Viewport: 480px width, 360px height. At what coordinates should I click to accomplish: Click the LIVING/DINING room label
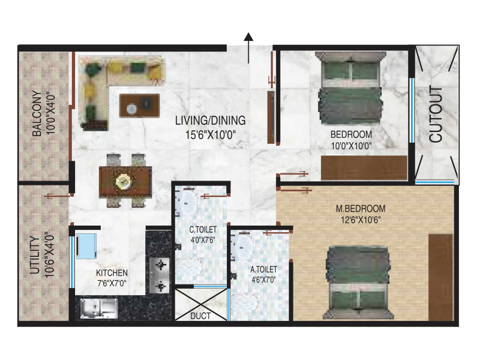pyautogui.click(x=211, y=121)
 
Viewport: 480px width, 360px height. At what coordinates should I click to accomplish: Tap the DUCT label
pyautogui.click(x=200, y=316)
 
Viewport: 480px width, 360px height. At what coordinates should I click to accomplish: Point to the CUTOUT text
pyautogui.click(x=436, y=114)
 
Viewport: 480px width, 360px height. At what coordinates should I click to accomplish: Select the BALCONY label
pyautogui.click(x=37, y=113)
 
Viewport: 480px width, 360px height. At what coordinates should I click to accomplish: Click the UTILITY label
pyautogui.click(x=35, y=255)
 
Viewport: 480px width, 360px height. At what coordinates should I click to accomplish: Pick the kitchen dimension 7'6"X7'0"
pyautogui.click(x=112, y=283)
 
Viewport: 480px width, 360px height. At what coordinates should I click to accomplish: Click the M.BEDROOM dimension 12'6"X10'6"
pyautogui.click(x=361, y=220)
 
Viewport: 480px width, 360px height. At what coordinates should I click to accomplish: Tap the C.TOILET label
pyautogui.click(x=203, y=230)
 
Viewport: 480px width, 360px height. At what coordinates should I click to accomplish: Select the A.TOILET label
pyautogui.click(x=263, y=269)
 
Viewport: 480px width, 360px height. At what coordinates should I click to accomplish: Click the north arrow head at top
pyautogui.click(x=248, y=37)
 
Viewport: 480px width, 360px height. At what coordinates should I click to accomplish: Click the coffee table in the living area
pyautogui.click(x=140, y=106)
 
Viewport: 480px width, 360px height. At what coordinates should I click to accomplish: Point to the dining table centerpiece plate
pyautogui.click(x=124, y=182)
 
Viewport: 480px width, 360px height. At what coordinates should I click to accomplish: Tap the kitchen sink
pyautogui.click(x=99, y=308)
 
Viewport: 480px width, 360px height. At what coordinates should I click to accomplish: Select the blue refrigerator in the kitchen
pyautogui.click(x=86, y=247)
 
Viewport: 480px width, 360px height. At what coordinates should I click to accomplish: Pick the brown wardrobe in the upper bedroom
pyautogui.click(x=364, y=168)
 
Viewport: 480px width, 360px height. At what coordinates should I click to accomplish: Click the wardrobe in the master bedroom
pyautogui.click(x=441, y=277)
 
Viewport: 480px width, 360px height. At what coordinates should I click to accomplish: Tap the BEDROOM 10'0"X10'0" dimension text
pyautogui.click(x=352, y=146)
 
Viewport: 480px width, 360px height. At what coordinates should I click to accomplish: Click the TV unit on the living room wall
pyautogui.click(x=271, y=117)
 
